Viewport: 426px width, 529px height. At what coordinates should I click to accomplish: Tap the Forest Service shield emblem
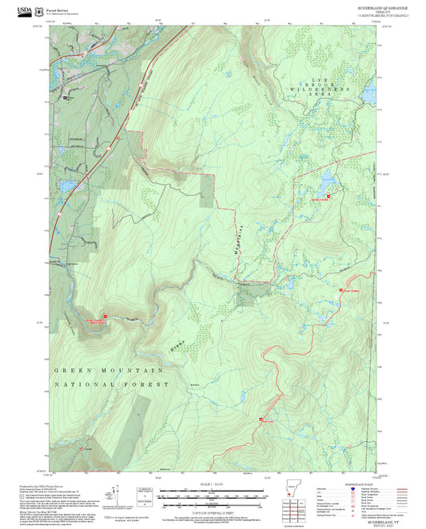click(42, 10)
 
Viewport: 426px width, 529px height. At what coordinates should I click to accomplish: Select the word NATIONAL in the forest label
click(77, 385)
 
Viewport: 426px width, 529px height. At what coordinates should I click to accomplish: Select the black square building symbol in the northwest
click(66, 98)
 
